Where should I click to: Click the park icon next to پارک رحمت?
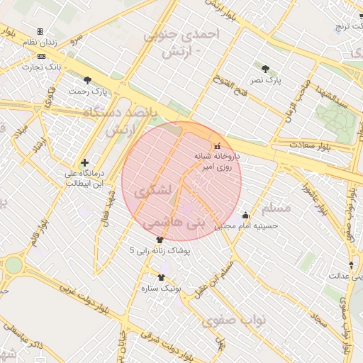[x=88, y=80]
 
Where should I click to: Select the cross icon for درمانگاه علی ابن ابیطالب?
[x=85, y=162]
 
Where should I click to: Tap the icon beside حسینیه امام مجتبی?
[x=246, y=215]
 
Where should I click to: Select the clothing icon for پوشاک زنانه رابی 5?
[x=169, y=240]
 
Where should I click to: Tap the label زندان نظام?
[x=40, y=43]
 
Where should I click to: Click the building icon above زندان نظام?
[x=40, y=31]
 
